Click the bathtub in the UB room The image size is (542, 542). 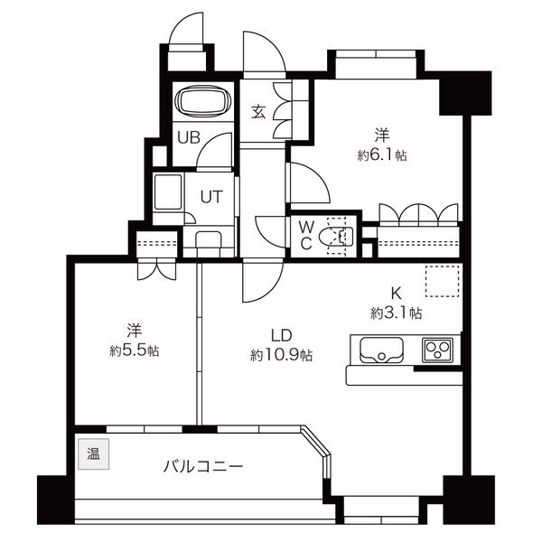pos(203,101)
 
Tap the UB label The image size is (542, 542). pos(189,137)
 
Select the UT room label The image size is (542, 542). pos(211,197)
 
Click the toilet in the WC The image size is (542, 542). pos(336,237)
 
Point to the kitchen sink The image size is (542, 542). pos(381,350)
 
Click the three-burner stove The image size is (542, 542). pos(437,350)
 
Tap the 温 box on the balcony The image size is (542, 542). pos(93,453)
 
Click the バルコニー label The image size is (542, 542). pos(203,467)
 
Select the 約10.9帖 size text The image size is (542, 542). pos(281,355)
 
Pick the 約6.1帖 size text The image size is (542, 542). pos(382,155)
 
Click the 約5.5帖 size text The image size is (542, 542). pos(135,351)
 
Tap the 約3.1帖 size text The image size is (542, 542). pos(397,313)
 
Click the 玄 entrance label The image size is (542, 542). pos(258,111)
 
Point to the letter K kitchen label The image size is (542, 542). pos(396,294)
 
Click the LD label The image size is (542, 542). pos(281,335)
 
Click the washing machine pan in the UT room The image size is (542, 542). pos(168,192)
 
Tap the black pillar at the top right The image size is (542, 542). pos(465,93)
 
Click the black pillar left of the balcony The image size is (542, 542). pos(55,500)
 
